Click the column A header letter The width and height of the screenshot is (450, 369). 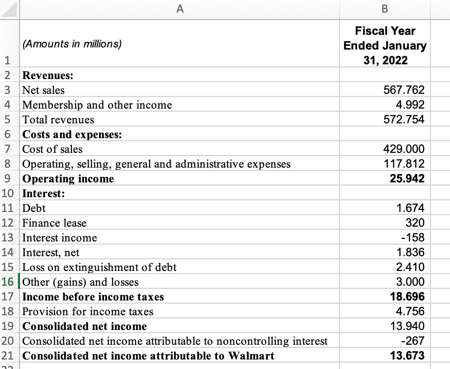180,9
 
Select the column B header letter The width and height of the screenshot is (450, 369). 385,9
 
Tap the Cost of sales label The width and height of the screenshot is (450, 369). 52,149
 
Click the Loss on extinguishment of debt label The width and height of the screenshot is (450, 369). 99,267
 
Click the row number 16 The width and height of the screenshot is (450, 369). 9,282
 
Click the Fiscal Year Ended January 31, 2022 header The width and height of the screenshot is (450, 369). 385,45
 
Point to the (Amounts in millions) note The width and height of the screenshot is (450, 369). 72,44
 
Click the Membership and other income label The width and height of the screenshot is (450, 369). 97,105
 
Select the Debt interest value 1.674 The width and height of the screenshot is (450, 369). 410,208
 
